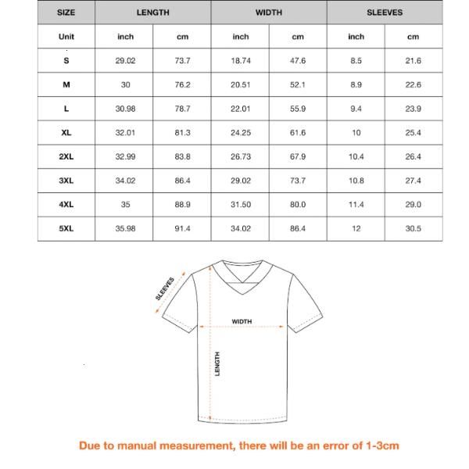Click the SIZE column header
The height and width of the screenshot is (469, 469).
pos(66,13)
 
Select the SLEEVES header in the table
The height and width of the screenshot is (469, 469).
pos(385,13)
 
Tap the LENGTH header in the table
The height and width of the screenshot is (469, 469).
pos(153,13)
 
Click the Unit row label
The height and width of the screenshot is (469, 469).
pos(66,37)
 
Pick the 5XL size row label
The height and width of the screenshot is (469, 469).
pos(66,228)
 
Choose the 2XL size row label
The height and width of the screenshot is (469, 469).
pos(66,156)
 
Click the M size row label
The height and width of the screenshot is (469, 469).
pos(66,84)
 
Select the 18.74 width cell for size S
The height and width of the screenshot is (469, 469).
pos(241,60)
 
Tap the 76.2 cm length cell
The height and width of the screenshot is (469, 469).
pos(183,84)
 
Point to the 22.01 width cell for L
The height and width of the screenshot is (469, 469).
pos(241,109)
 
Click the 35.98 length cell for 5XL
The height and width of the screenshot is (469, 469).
pos(126,228)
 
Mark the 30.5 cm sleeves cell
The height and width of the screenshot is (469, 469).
pos(414,228)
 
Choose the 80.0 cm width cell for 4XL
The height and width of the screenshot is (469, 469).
pos(298,205)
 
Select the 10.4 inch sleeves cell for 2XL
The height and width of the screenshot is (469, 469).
pos(356,156)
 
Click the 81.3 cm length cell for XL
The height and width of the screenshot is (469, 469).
pos(183,133)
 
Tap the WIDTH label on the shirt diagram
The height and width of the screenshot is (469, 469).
pos(242,321)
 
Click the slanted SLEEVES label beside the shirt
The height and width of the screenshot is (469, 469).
pos(165,287)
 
